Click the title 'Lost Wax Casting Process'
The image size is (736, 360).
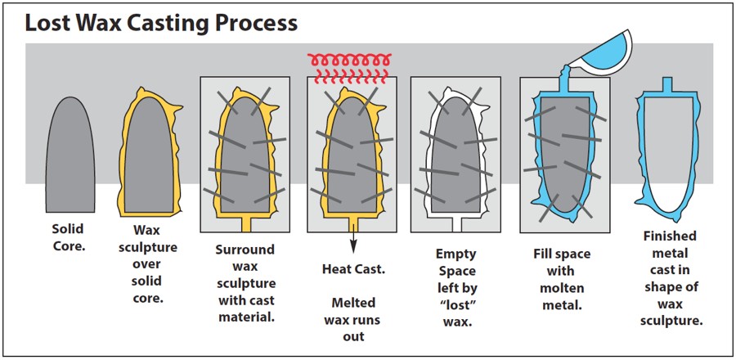point(160,22)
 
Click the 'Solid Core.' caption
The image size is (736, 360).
point(68,237)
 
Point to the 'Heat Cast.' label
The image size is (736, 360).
point(353,268)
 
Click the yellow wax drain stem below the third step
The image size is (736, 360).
point(245,222)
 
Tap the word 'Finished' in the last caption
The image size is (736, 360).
point(668,236)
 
